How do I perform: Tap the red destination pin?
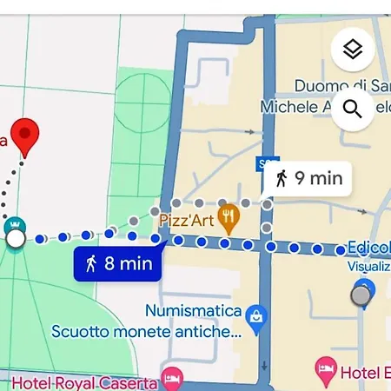coord(26,136)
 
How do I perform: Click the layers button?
coord(352,50)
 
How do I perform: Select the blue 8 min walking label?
coord(119,262)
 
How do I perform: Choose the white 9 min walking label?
coord(308,179)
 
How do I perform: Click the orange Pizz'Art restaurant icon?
coord(229,216)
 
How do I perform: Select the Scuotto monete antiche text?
coord(146,331)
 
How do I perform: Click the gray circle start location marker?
coord(361,295)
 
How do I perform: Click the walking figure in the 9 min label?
coord(281,179)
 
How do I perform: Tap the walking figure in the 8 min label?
coord(90,262)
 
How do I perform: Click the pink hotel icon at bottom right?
coord(325,372)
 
